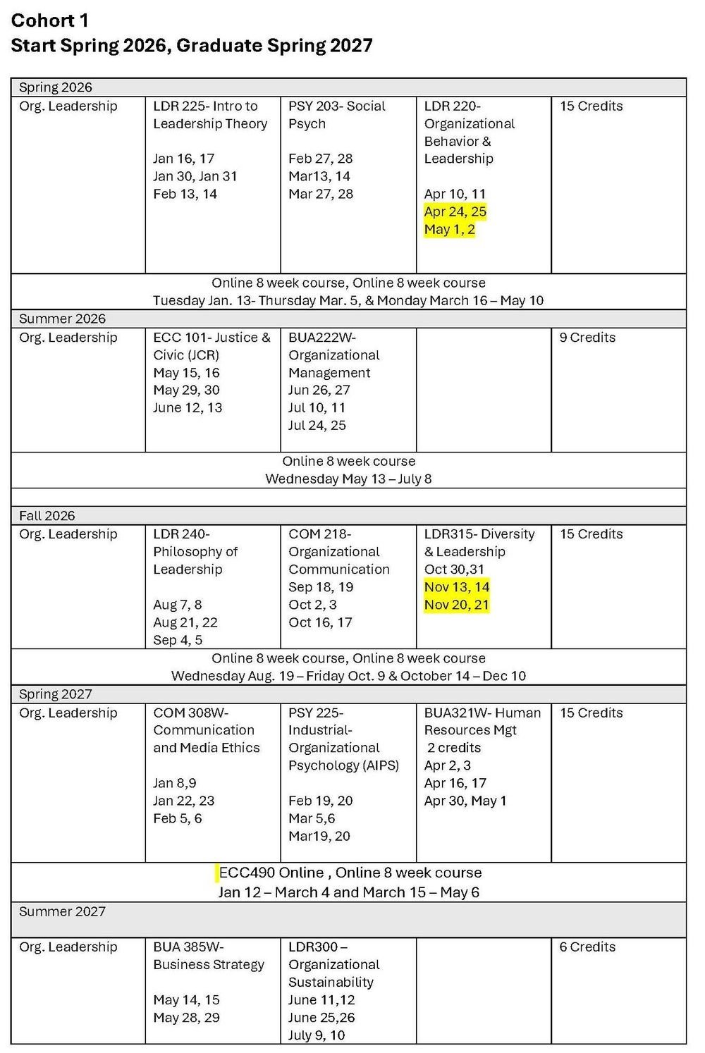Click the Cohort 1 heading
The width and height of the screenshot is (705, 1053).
pos(50,20)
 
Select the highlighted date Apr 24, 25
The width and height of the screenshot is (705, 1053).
pos(455,211)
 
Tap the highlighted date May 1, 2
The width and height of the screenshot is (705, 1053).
pos(449,229)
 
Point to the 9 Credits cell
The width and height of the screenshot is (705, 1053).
pos(587,338)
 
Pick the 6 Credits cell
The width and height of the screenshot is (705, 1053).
pos(587,947)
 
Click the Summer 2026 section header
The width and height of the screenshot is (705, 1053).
pos(62,319)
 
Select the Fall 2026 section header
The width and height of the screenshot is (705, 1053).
pos(47,515)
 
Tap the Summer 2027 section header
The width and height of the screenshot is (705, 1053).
pos(62,911)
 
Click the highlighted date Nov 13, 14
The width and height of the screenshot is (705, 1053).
pos(456,587)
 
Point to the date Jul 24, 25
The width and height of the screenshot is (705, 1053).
pos(317,425)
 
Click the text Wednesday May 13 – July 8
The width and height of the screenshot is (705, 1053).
pos(348,479)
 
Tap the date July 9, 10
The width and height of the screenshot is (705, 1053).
pos(317,1035)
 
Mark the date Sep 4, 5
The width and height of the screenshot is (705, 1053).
pos(178,640)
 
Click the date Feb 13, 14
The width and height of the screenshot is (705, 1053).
pos(185,194)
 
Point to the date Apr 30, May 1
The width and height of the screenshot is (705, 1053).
pos(465,801)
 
